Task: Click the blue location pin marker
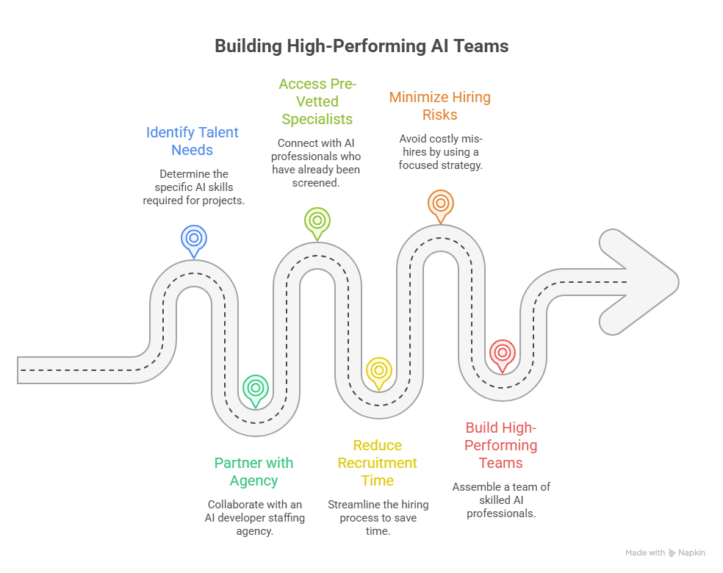click(194, 239)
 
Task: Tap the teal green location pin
click(256, 388)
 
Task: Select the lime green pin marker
click(317, 220)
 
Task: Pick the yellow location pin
click(379, 370)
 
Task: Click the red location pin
click(502, 353)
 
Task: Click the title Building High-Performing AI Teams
click(361, 46)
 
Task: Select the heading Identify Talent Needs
click(193, 141)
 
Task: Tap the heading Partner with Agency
click(253, 472)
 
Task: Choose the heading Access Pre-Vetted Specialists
click(317, 101)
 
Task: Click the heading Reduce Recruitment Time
click(378, 463)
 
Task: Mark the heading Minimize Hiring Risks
click(439, 106)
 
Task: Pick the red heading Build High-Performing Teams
click(501, 445)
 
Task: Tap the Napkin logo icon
click(672, 553)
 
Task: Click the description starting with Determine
click(193, 187)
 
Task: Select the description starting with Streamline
click(378, 518)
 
